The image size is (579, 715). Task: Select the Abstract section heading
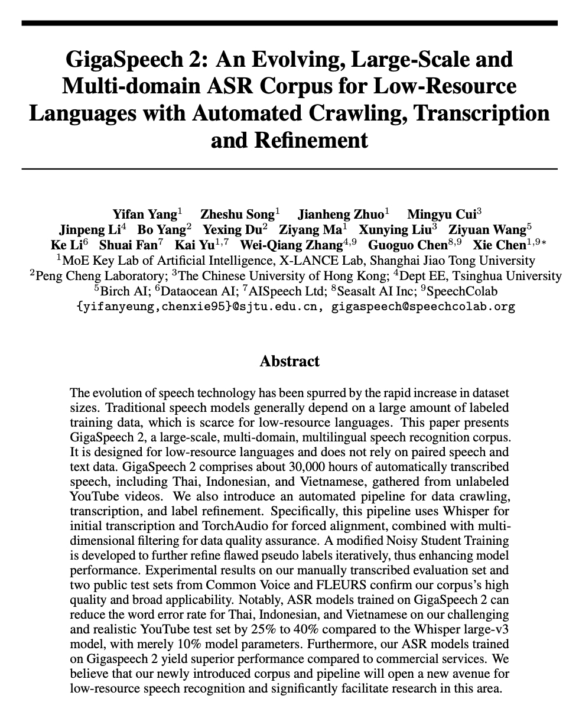289,361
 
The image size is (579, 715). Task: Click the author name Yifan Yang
145,214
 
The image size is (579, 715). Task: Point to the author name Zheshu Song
237,214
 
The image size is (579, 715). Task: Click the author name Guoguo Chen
408,245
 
